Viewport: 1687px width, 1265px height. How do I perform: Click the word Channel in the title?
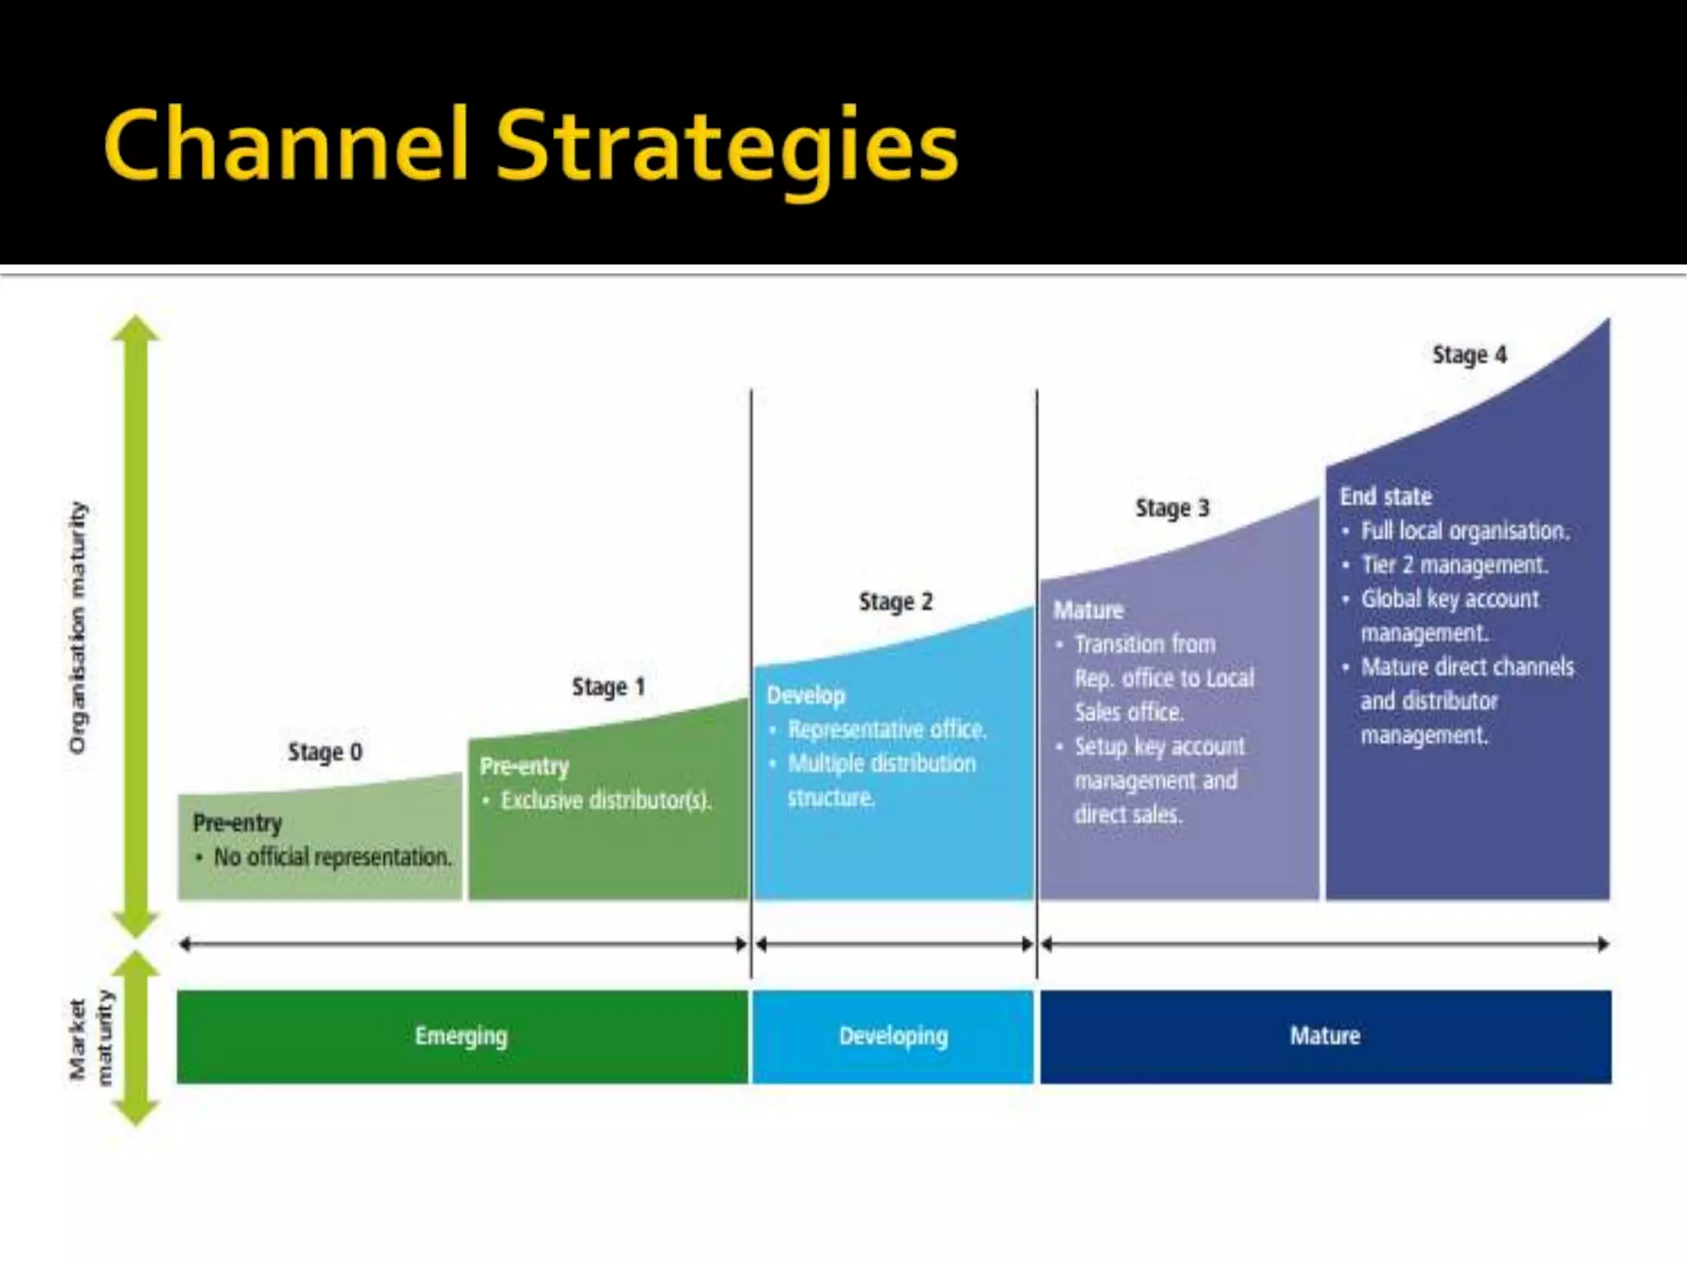tap(286, 147)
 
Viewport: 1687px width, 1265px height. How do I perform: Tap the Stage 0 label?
tap(325, 752)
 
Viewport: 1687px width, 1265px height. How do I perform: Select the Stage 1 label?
tap(608, 687)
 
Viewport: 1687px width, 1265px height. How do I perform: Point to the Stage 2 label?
tap(895, 602)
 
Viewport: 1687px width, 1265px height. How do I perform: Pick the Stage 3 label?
tap(1172, 508)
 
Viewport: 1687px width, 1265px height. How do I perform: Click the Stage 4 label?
tap(1469, 355)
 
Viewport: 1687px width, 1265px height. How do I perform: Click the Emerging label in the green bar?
tap(461, 1036)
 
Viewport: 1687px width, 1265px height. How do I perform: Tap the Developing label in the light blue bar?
tap(893, 1036)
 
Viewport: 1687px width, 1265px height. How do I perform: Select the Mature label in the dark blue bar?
tap(1325, 1036)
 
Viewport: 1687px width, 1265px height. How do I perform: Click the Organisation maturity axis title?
tap(77, 627)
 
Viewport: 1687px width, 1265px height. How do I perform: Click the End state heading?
tap(1386, 497)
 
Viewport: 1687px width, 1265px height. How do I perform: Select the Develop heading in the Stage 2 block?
tap(806, 696)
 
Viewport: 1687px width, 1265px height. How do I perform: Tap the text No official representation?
tap(333, 857)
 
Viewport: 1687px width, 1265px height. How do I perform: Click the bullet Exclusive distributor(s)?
tap(605, 801)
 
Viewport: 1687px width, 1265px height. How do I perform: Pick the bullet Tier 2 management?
tap(1454, 565)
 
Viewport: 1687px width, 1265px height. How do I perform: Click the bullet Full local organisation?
tap(1465, 531)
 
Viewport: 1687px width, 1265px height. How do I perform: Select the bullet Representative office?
tap(886, 730)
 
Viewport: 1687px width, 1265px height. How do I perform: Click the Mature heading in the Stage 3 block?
tap(1088, 610)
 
